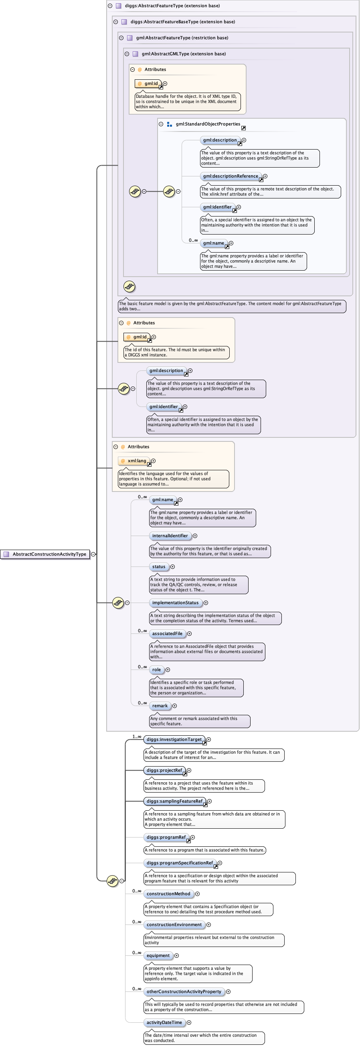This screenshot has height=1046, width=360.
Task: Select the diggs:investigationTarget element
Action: (174, 739)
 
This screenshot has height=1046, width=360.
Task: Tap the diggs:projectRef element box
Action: (164, 770)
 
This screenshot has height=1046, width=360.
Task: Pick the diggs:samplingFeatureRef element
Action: (174, 801)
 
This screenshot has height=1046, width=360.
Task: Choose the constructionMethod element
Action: (168, 894)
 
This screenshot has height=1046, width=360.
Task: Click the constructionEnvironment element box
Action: (174, 925)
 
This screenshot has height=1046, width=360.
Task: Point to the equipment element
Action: (158, 955)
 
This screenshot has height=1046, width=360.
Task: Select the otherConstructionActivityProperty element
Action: (184, 991)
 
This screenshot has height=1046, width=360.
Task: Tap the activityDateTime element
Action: (164, 1022)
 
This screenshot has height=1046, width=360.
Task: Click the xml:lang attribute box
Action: (134, 461)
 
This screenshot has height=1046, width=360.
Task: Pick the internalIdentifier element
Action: (170, 536)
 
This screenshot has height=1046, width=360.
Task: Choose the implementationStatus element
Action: (175, 603)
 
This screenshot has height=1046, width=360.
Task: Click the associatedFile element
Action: (167, 633)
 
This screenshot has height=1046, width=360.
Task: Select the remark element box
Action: (160, 706)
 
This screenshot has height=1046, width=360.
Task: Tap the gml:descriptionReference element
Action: (231, 176)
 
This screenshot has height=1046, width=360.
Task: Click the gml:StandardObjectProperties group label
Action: (208, 124)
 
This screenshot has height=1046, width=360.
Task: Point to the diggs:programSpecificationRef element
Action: (180, 863)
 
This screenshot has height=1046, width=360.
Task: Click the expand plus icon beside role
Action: (168, 670)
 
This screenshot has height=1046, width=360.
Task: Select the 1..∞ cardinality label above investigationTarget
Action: (137, 736)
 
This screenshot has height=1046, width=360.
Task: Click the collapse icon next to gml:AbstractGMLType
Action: (127, 54)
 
